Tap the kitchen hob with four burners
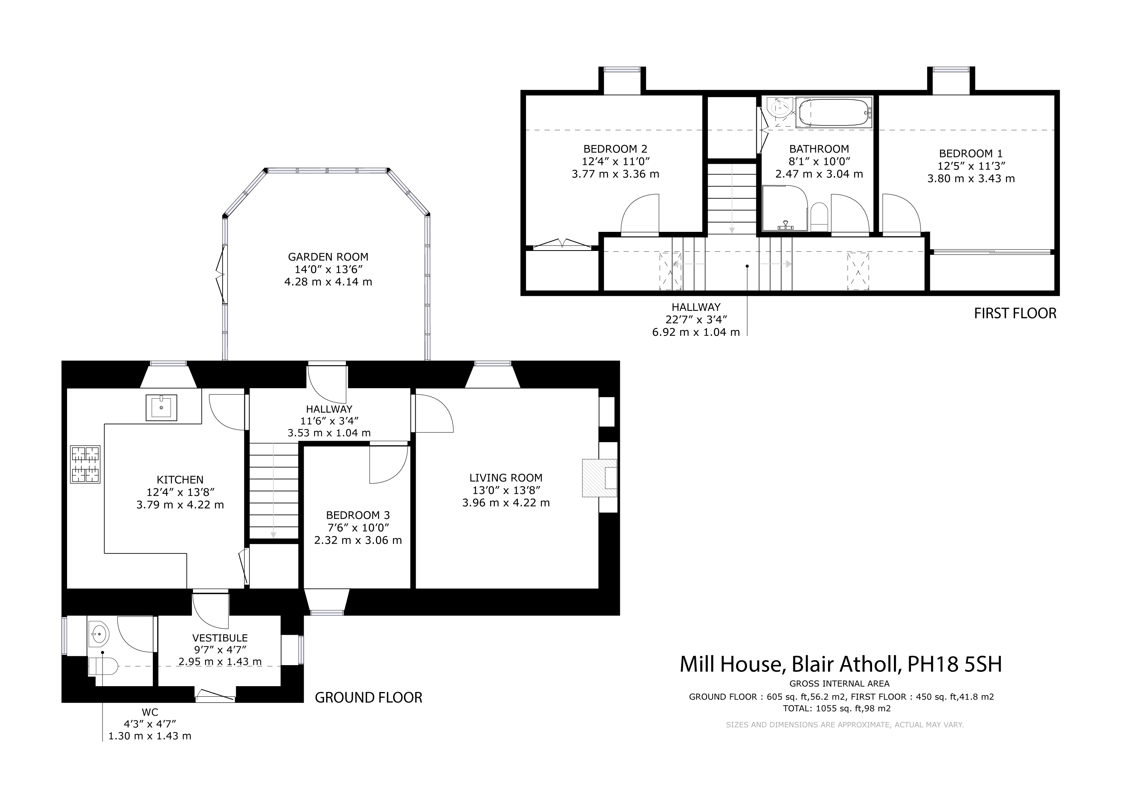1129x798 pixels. coord(85,464)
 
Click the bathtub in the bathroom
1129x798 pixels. coord(834,113)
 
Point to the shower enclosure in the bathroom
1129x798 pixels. coord(785,208)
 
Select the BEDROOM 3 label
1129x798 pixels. coord(358,515)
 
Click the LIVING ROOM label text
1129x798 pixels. coord(506,478)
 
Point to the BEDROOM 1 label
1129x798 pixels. coord(971,153)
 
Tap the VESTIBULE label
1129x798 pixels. coord(220,638)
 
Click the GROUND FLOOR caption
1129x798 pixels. coord(368,698)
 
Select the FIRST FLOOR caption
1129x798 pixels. coord(1016,314)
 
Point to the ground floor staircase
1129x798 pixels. coord(274,491)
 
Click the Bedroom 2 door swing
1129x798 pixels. coord(640,215)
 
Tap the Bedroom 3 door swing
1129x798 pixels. coord(388,464)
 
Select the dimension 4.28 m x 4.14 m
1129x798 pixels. coord(328,282)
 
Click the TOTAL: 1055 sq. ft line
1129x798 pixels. coord(837,708)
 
